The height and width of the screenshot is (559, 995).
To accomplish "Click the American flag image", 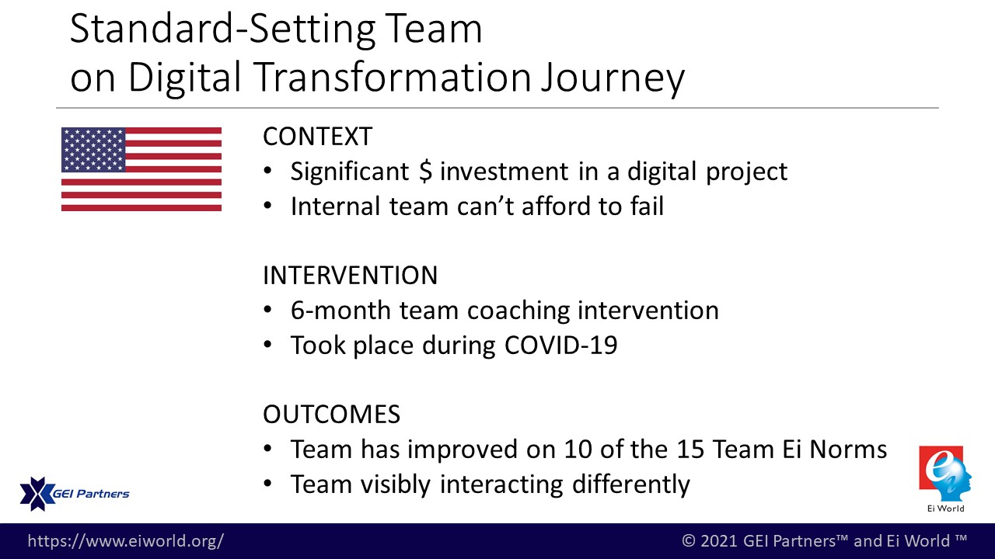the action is [141, 169].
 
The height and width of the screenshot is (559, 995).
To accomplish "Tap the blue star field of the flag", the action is [93, 150].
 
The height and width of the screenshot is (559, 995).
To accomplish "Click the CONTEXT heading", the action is [317, 136].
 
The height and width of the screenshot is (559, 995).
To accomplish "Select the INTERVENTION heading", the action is [350, 275].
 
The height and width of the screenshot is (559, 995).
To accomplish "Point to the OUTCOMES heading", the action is [331, 414].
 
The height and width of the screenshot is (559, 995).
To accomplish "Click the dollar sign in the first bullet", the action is [425, 172].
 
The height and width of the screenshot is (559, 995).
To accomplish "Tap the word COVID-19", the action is [560, 345].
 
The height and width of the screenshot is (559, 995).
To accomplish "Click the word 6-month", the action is [340, 310].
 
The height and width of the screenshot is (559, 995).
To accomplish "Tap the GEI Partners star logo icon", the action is [37, 494].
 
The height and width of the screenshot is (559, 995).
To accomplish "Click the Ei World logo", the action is [945, 479].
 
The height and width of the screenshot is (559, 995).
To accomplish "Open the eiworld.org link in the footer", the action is [126, 541].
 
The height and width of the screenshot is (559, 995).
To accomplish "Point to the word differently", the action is [630, 484].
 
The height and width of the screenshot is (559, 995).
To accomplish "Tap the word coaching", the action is [518, 311].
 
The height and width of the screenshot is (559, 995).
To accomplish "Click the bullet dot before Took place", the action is [267, 345].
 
